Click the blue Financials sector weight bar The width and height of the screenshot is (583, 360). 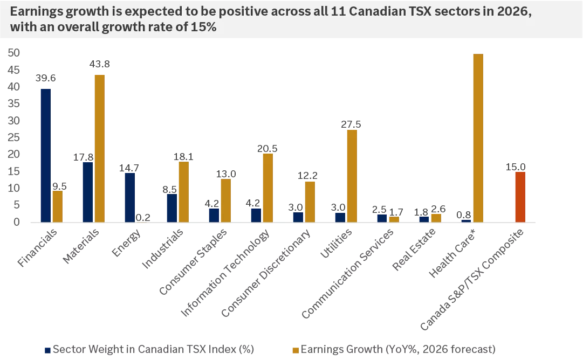pyautogui.click(x=45, y=155)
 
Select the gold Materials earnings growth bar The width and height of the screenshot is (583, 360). pyautogui.click(x=99, y=148)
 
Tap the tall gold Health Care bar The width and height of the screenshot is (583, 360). pyautogui.click(x=478, y=137)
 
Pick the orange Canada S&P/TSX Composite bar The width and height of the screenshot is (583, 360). pyautogui.click(x=520, y=197)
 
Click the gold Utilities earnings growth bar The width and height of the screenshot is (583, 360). pyautogui.click(x=352, y=176)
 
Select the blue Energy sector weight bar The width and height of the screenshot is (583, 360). pyautogui.click(x=129, y=197)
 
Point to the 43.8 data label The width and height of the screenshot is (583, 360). pyautogui.click(x=99, y=64)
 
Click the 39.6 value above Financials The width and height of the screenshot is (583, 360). pyautogui.click(x=45, y=78)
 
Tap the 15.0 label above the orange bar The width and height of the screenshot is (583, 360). pyautogui.click(x=516, y=167)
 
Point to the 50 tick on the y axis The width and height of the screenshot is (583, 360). pyautogui.click(x=14, y=53)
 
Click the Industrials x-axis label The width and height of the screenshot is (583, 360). pyautogui.click(x=163, y=248)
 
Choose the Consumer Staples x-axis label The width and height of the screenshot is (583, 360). pyautogui.click(x=194, y=262)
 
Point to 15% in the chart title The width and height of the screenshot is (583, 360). pyautogui.click(x=205, y=27)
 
